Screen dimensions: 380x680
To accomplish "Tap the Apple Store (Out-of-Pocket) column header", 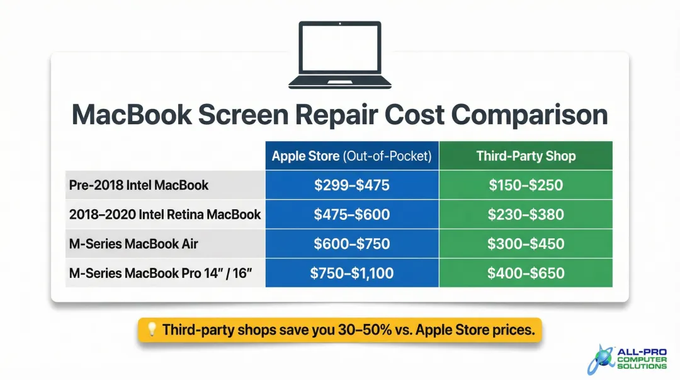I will [x=351, y=156].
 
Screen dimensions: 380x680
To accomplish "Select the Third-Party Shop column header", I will [x=526, y=156].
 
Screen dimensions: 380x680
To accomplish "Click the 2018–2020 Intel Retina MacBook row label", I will [x=164, y=214].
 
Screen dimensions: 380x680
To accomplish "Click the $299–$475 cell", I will [x=351, y=185].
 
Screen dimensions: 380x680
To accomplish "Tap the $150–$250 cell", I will [x=526, y=185].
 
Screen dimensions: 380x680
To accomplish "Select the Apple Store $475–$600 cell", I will [x=351, y=214].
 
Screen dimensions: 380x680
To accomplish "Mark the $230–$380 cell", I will [x=526, y=214].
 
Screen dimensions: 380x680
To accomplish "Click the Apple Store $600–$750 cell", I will [x=351, y=244].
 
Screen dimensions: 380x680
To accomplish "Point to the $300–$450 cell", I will [x=526, y=244].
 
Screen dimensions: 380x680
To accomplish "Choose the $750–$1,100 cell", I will [x=351, y=273].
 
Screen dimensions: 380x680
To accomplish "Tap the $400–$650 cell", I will [x=526, y=273].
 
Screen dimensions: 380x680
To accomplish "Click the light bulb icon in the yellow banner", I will [x=151, y=330].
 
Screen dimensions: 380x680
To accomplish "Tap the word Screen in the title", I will [x=259, y=116].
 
